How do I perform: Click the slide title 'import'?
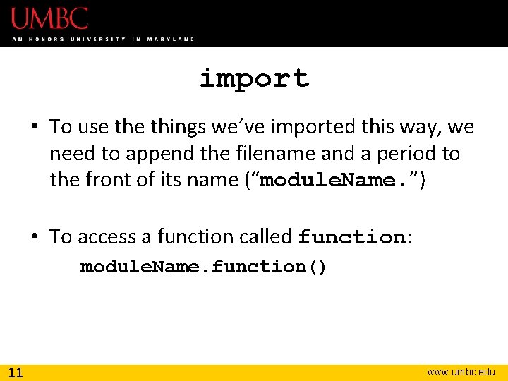254,78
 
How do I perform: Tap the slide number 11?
15,372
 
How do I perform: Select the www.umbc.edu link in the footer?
461,372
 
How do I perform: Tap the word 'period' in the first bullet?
407,154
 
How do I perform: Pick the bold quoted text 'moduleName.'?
338,181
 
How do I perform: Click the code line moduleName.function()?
203,267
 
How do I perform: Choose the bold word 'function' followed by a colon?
351,237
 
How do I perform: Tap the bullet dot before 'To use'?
35,128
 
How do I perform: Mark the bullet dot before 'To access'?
35,237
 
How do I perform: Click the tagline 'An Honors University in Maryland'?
103,39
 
